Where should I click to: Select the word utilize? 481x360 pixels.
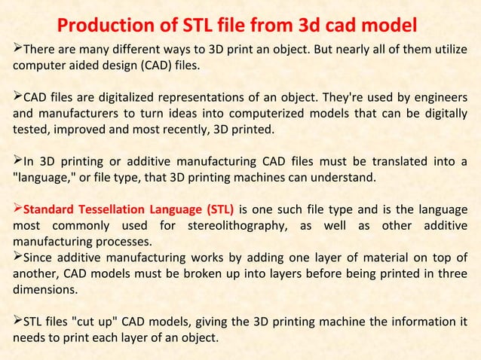[x=448, y=50]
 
